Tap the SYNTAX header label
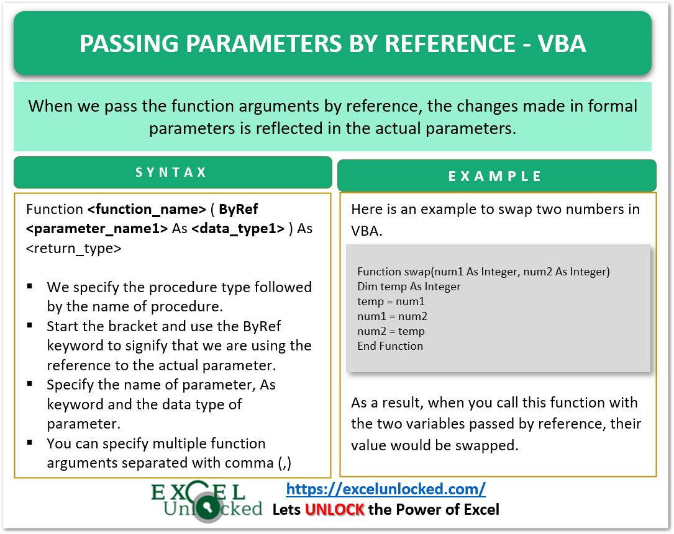(x=171, y=172)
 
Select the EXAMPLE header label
(x=496, y=176)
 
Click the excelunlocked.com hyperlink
(x=386, y=489)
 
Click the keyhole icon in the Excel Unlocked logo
(x=211, y=509)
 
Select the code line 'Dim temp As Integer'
(x=409, y=287)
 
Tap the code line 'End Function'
(x=390, y=346)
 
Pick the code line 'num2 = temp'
(x=391, y=331)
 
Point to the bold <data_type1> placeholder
(x=238, y=228)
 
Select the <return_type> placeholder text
(x=74, y=248)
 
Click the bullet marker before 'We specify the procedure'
(x=30, y=287)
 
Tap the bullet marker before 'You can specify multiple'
(x=30, y=443)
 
